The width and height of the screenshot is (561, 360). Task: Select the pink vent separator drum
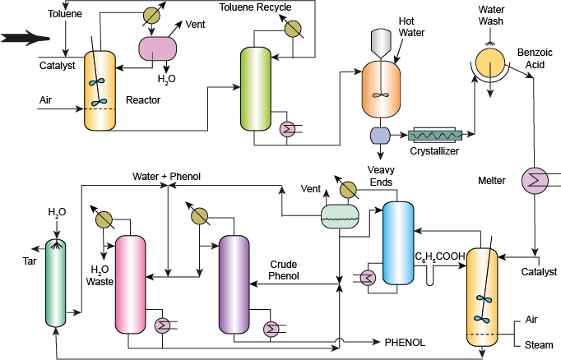[156, 49]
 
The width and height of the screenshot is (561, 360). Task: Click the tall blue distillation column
[399, 242]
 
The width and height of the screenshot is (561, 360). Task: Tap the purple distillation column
[234, 284]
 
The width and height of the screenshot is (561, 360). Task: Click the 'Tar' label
[28, 261]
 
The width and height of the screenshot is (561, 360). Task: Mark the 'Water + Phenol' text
[166, 176]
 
